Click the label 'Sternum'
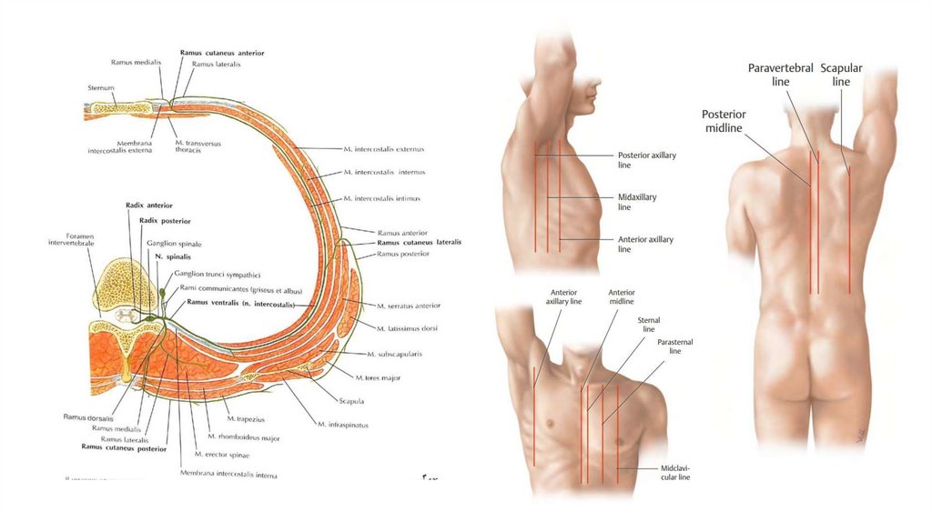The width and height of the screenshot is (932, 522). coord(101,88)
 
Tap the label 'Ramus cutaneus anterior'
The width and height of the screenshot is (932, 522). coord(222,54)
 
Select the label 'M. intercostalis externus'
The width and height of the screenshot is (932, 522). coord(384,148)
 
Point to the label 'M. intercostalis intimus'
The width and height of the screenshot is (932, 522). coord(382,197)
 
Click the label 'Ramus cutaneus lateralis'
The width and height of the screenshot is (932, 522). coord(419,243)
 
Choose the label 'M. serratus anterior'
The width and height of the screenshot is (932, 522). coord(409,306)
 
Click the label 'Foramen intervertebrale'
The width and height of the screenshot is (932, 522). coord(74,241)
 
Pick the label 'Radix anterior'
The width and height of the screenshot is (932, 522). coord(149,206)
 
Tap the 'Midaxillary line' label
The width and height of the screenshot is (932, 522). coord(637,202)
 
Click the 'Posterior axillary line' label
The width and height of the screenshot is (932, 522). coord(646,160)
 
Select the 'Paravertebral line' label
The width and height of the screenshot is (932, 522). coord(781,75)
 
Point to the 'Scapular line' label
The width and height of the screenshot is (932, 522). coord(841,75)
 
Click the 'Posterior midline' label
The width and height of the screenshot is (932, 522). coord(724,121)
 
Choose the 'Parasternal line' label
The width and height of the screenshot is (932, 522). coord(674,346)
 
